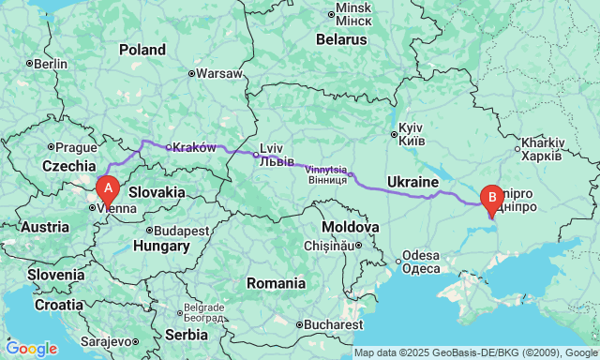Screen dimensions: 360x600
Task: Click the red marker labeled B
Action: point(489,199)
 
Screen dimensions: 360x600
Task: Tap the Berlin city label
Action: point(51,64)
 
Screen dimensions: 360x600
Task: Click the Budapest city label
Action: point(182,231)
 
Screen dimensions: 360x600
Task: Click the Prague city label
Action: point(76,147)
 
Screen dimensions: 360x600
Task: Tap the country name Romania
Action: point(276,283)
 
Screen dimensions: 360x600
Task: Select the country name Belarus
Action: point(340,40)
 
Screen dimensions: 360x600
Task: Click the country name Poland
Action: point(142,50)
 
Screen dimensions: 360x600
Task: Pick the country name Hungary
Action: point(161,247)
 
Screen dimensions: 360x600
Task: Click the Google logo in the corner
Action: point(31,348)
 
